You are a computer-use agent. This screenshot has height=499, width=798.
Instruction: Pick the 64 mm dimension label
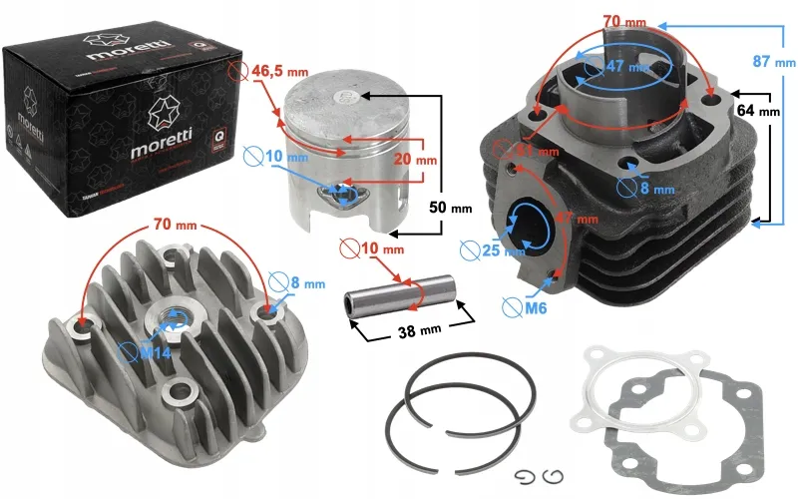(757, 111)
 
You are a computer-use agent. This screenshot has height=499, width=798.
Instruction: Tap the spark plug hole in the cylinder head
(172, 321)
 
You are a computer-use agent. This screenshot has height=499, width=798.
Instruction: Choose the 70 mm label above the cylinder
(624, 19)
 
